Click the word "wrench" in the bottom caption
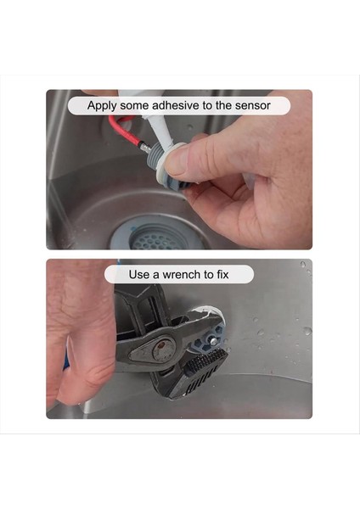[182, 275]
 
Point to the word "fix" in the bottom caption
[222, 274]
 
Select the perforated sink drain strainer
[155, 239]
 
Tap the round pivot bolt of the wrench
[163, 350]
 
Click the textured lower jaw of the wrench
[201, 370]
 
